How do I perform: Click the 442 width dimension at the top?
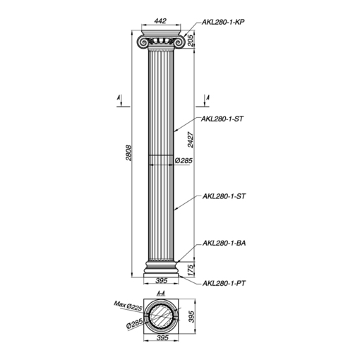[160, 20]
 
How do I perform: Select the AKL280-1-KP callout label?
[223, 22]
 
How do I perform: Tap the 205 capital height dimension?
[191, 40]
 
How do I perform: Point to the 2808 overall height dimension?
[128, 152]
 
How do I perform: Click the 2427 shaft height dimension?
[191, 140]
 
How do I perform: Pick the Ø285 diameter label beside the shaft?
[184, 160]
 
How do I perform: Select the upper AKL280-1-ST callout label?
[222, 119]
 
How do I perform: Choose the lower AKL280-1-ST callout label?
[224, 196]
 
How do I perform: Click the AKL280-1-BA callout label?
[224, 243]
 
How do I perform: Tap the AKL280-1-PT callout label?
[224, 283]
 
